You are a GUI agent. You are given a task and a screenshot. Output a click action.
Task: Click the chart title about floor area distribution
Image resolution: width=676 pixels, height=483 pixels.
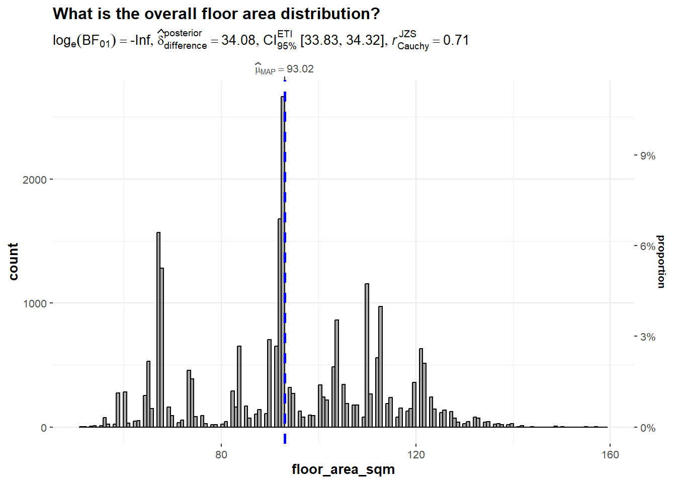point(216,14)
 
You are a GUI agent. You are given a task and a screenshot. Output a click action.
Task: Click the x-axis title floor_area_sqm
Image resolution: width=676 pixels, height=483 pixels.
point(343,469)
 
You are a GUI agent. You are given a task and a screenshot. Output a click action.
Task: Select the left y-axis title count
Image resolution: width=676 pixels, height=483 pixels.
point(13,261)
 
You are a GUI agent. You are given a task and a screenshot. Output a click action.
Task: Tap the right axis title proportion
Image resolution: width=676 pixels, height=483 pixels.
point(661,261)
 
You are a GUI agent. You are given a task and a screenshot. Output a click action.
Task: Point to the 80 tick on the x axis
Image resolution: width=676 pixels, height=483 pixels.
point(221,454)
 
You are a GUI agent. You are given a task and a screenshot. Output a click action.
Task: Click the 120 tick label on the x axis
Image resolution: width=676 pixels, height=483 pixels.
point(416,454)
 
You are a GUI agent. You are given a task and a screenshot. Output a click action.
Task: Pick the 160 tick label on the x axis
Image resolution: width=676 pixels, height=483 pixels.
point(610,454)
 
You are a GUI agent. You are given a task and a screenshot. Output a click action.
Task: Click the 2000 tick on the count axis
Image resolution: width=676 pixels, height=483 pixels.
point(34,180)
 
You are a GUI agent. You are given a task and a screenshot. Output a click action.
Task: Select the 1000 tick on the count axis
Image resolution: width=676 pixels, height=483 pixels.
point(34,303)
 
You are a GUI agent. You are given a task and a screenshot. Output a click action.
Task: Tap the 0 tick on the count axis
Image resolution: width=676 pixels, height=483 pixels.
point(44,428)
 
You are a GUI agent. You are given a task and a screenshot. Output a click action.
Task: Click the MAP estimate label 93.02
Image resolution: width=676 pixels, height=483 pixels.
point(300,69)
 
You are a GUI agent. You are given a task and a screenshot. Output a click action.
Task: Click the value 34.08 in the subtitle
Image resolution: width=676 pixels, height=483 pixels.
point(238,40)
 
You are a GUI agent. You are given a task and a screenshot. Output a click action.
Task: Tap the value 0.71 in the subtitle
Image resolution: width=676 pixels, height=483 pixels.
point(456,40)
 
